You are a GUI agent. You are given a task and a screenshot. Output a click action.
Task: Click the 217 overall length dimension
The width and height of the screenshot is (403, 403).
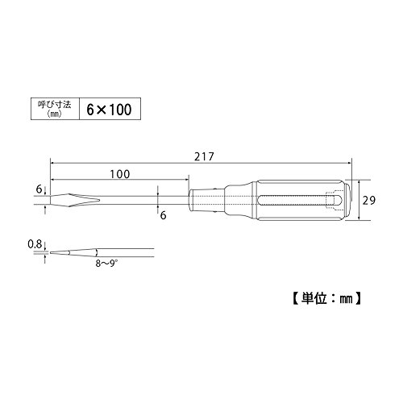204,156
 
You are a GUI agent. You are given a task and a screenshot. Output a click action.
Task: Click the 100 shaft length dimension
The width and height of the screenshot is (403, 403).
120,174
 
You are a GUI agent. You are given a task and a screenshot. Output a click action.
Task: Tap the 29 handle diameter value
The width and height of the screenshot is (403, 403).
368,201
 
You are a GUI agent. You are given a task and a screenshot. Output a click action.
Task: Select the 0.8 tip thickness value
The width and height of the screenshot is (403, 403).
35,244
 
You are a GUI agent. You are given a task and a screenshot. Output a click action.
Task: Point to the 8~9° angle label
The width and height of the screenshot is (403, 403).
106,264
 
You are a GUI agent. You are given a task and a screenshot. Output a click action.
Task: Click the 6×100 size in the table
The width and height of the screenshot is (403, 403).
109,110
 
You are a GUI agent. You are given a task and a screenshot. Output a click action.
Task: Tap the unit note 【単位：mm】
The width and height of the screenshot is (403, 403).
326,298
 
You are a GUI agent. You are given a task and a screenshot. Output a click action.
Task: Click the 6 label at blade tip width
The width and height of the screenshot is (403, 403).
39,189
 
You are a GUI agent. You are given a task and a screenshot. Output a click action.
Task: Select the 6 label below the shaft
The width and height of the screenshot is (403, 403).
163,215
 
